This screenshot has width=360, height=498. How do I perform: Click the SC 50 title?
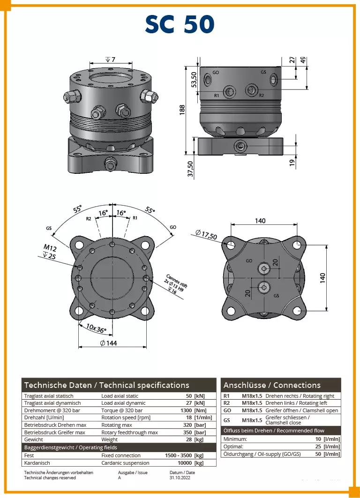[x=180, y=24]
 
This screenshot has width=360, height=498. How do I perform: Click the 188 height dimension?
[x=183, y=109]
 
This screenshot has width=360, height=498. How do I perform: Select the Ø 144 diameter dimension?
[x=109, y=343]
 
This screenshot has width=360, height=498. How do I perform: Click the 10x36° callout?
[x=96, y=328]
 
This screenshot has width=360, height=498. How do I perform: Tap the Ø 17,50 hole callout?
[x=206, y=234]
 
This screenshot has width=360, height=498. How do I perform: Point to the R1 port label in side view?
[x=217, y=95]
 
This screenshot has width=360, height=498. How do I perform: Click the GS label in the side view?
[x=263, y=73]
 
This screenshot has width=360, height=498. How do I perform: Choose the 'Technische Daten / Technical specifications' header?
[x=106, y=385]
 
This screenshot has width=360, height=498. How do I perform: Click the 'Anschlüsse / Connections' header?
[x=272, y=385]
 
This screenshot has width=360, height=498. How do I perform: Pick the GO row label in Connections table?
[x=226, y=410]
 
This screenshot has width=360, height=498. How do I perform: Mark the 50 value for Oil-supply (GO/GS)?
[x=318, y=454]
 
